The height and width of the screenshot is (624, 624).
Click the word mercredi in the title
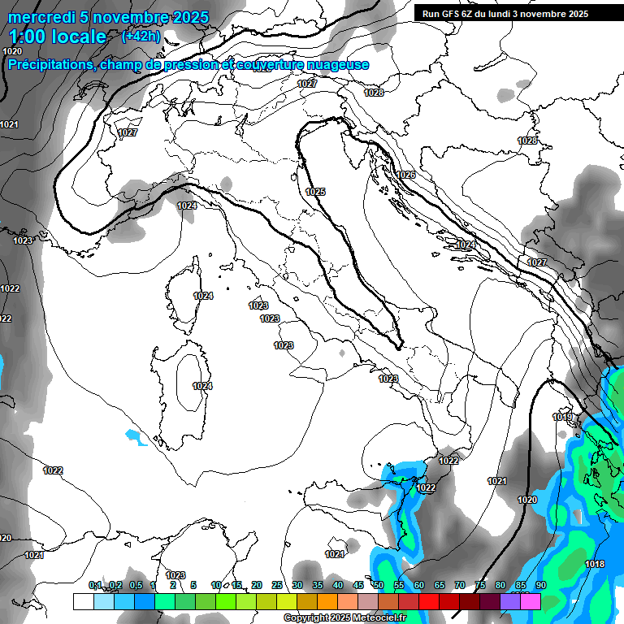click(41, 17)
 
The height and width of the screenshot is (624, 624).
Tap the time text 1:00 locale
click(58, 37)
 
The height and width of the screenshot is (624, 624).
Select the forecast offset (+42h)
click(141, 37)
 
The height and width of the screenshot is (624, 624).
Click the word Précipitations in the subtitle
click(48, 65)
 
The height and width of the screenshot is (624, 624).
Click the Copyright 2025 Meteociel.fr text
click(344, 618)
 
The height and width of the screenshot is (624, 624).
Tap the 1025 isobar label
click(315, 192)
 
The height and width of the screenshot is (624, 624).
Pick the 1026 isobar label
click(405, 175)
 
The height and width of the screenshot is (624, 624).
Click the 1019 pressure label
click(562, 417)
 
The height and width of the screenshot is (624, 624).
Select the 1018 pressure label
click(595, 564)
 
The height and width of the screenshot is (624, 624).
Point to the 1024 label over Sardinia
click(202, 386)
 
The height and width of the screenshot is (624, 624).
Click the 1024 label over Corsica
click(203, 296)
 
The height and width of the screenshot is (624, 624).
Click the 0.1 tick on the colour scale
click(95, 586)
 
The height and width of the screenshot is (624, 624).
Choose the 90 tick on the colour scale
click(541, 586)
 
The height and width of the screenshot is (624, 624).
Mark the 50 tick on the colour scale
click(379, 586)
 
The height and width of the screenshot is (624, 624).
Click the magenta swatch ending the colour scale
click(531, 601)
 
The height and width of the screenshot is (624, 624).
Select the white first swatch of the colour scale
click(83, 601)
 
